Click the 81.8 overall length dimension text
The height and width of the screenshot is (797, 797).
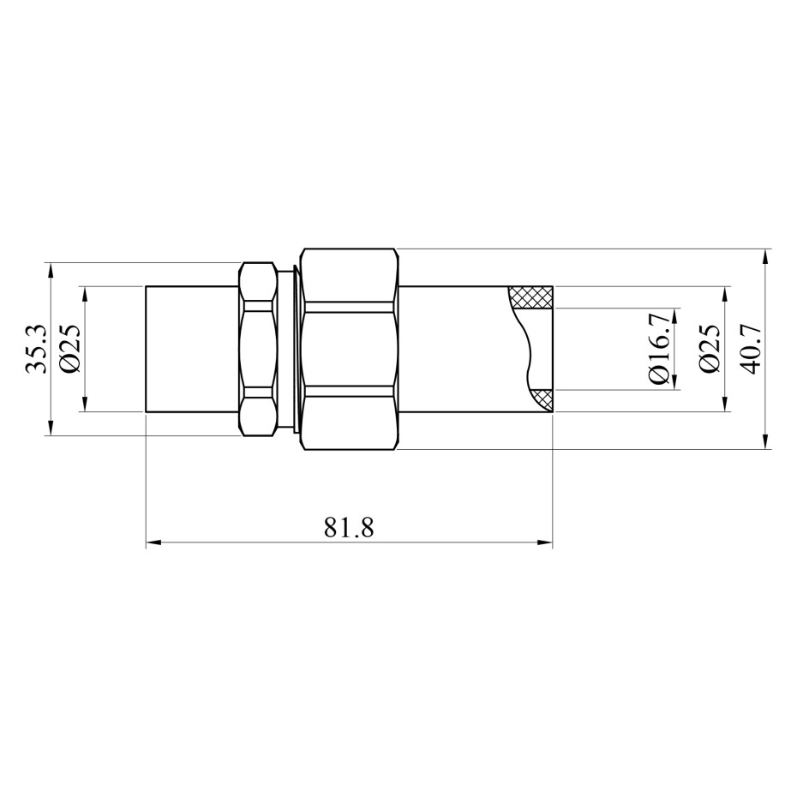pyautogui.click(x=349, y=528)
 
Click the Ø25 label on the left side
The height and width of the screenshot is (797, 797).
pyautogui.click(x=70, y=349)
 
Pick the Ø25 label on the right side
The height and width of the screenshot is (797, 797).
pyautogui.click(x=710, y=349)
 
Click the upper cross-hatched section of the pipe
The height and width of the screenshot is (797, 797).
pyautogui.click(x=531, y=297)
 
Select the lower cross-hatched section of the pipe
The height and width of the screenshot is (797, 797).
pyautogui.click(x=541, y=400)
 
